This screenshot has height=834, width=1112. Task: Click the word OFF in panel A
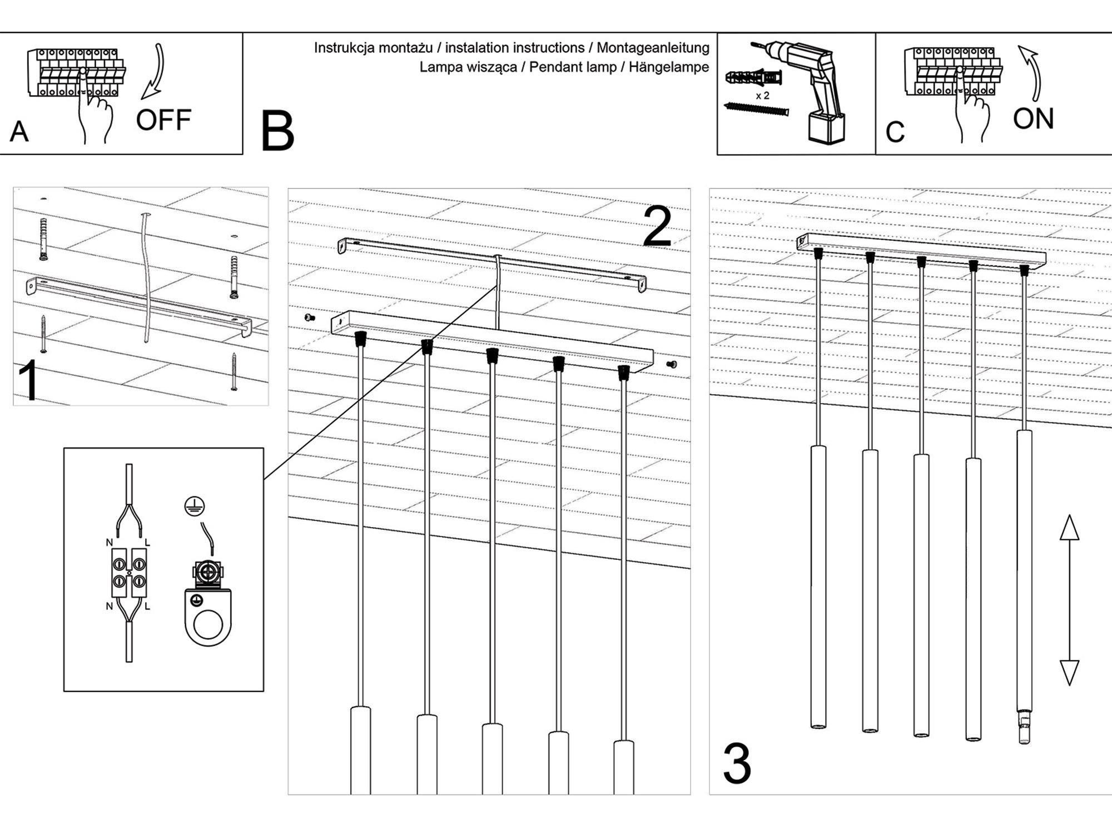point(163,121)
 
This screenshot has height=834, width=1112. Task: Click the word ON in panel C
point(1033,119)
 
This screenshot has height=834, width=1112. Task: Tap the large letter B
point(277,132)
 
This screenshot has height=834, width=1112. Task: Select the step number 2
point(657,227)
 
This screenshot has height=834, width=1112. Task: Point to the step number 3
point(737,765)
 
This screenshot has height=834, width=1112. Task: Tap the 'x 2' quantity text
point(762,96)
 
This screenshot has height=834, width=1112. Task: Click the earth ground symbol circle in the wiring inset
point(195,507)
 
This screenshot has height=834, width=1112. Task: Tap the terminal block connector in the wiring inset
point(129,573)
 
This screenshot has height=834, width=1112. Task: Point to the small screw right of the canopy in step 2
point(672,365)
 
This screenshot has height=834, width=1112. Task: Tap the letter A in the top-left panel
point(19,132)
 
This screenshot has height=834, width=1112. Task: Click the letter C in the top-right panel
point(895,132)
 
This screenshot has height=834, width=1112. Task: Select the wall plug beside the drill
point(753,78)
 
